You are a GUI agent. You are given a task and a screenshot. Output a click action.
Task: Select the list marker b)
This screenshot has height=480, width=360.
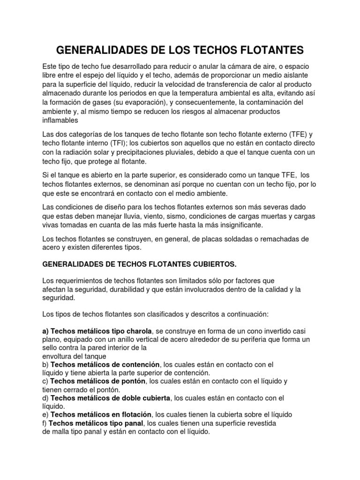coord(45,364)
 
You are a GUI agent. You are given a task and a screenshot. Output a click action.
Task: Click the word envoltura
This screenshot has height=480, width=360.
coord(58,356)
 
